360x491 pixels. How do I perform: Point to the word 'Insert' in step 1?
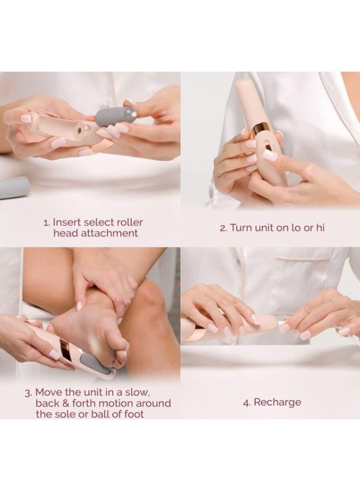(x=66, y=222)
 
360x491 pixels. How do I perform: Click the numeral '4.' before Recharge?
(x=247, y=402)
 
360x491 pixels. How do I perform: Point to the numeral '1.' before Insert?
(x=47, y=223)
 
